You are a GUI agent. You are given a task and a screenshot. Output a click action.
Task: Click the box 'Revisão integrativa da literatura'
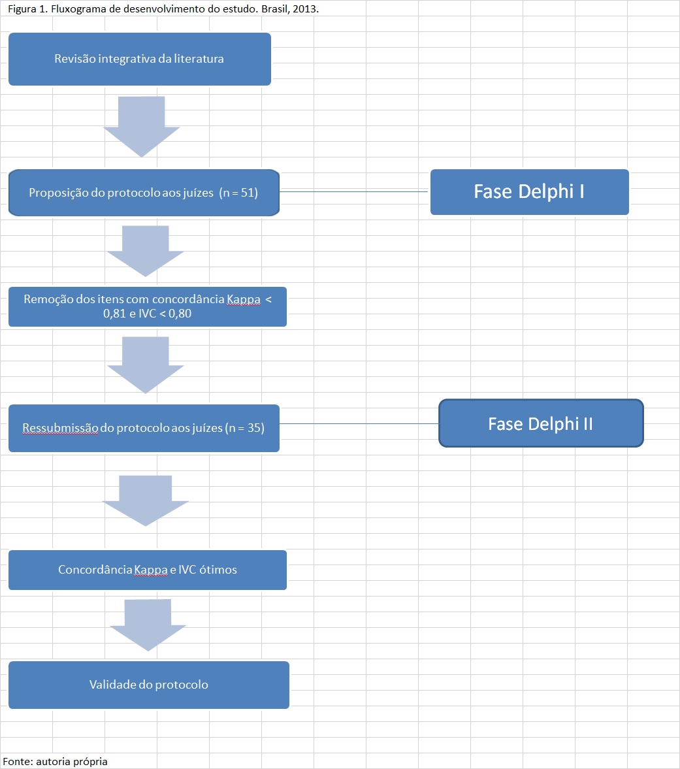tap(140, 59)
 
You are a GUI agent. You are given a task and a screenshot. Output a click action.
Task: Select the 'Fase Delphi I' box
tap(530, 191)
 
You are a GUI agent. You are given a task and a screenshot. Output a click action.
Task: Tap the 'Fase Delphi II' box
tap(541, 423)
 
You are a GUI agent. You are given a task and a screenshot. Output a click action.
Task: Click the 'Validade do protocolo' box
tap(148, 685)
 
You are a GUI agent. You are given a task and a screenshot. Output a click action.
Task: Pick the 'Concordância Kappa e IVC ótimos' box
tap(148, 570)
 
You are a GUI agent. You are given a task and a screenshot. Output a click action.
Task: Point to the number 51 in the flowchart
tap(247, 193)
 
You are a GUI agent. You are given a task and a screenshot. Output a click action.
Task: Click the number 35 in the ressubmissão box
tap(254, 428)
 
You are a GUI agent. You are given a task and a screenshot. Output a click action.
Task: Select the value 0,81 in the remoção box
tap(115, 314)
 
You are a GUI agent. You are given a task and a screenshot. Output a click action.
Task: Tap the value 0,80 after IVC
tap(180, 314)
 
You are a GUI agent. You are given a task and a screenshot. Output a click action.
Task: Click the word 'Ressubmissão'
tap(60, 428)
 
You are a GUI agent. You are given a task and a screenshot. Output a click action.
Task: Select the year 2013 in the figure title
tap(304, 9)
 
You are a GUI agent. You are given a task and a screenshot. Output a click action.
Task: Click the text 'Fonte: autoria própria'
tap(55, 761)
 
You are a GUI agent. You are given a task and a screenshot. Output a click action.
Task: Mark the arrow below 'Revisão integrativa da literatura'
tap(142, 127)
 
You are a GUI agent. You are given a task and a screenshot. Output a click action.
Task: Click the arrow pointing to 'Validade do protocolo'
tap(148, 625)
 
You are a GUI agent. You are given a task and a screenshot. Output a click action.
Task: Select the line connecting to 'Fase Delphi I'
tap(355, 191)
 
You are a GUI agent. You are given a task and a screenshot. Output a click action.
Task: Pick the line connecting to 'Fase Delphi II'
tap(359, 424)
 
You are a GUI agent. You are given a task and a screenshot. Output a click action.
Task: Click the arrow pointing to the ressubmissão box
tap(145, 365)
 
